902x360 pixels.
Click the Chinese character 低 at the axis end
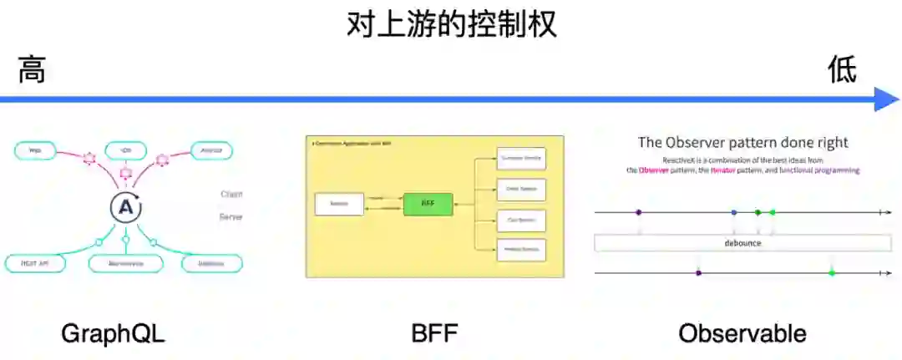pyautogui.click(x=842, y=69)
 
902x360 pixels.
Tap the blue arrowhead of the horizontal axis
pyautogui.click(x=886, y=99)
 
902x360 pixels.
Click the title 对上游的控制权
pyautogui.click(x=451, y=24)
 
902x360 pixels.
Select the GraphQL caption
pyautogui.click(x=113, y=334)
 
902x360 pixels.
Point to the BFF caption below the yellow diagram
pyautogui.click(x=434, y=334)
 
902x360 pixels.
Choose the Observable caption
pyautogui.click(x=742, y=334)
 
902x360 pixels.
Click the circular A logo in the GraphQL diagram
pyautogui.click(x=125, y=208)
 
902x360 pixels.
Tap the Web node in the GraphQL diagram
pyautogui.click(x=36, y=151)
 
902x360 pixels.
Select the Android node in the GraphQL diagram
pyautogui.click(x=211, y=151)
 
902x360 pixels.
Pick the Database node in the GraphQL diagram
pyautogui.click(x=212, y=263)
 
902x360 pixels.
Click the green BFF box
pyautogui.click(x=428, y=204)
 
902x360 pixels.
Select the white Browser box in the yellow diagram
pyautogui.click(x=339, y=204)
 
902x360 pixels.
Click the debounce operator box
pyautogui.click(x=742, y=243)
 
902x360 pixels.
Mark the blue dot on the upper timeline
pyautogui.click(x=734, y=213)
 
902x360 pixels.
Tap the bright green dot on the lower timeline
pyautogui.click(x=832, y=273)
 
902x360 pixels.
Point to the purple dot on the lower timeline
pyautogui.click(x=698, y=273)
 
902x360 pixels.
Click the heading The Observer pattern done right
pyautogui.click(x=742, y=142)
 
